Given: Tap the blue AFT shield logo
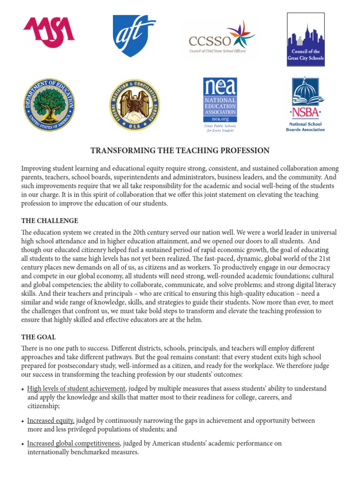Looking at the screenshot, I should pos(134,36).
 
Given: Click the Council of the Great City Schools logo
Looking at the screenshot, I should pos(306,39).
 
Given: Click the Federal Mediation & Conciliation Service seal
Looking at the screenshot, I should pos(134,105).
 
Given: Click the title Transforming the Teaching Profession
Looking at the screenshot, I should pos(180,150).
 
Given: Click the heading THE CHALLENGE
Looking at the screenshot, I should pos(50,221).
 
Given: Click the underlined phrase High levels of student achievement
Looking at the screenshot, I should pos(76,389).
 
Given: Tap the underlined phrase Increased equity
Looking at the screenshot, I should pos(51,420).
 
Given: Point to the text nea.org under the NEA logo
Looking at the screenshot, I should pos(220,120).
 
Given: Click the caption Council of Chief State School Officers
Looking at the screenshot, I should pos(217,51).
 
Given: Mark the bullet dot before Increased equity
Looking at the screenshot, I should pos(23,421).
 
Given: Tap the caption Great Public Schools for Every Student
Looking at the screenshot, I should pos(220,128).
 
